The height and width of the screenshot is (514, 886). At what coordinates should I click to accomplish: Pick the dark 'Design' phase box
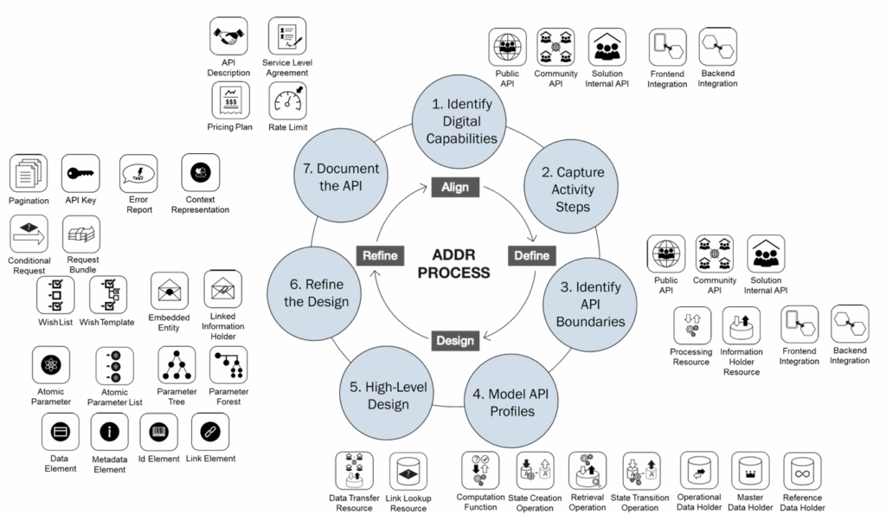pos(454,340)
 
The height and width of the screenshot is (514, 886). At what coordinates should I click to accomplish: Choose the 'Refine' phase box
pos(379,256)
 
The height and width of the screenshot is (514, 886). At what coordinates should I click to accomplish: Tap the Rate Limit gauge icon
pos(287,102)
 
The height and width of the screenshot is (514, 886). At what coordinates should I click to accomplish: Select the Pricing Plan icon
pos(230,102)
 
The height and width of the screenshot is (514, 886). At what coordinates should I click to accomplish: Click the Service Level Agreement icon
pos(287,37)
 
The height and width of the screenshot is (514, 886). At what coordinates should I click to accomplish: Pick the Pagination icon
pos(29,174)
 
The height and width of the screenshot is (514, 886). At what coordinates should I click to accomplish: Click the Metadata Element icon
pos(110,431)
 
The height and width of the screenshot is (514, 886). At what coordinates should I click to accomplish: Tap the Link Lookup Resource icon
pos(408,472)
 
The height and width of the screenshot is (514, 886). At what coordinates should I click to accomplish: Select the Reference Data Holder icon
pos(802,472)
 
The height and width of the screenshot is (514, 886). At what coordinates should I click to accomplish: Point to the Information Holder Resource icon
pos(742,326)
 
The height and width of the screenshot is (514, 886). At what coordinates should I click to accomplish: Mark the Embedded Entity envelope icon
pos(169,291)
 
